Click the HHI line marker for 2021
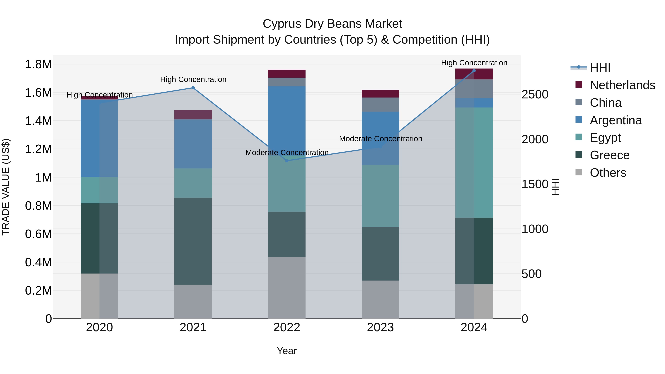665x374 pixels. click(193, 88)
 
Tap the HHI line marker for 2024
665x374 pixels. click(474, 71)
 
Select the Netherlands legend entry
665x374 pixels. click(622, 85)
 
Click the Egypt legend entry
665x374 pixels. click(605, 138)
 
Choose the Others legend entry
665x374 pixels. click(608, 173)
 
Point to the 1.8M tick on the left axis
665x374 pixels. click(38, 64)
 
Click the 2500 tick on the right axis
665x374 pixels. click(535, 94)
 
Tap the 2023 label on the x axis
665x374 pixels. click(380, 327)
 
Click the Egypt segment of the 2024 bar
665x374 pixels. click(474, 163)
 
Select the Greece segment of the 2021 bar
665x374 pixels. click(193, 241)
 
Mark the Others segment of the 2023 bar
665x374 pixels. click(380, 299)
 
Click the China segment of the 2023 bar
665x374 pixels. click(380, 105)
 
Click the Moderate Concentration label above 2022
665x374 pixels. click(287, 153)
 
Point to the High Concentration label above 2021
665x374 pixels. click(193, 79)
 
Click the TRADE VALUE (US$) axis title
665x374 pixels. click(6, 187)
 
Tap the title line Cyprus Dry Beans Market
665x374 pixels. click(332, 24)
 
